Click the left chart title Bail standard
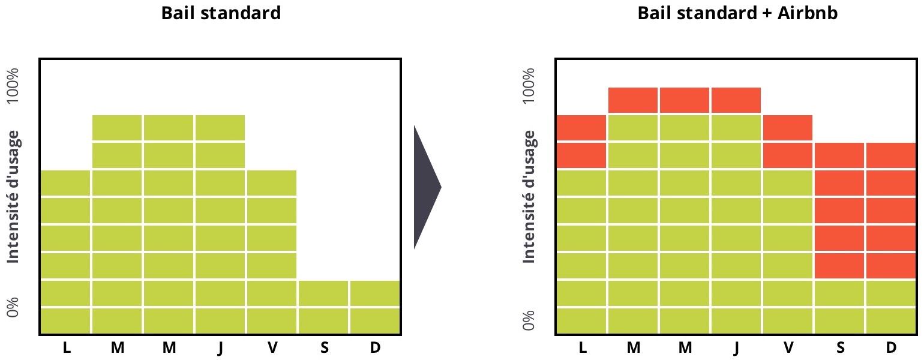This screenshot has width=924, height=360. pos(221,13)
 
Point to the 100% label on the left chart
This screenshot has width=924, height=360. pos(13,85)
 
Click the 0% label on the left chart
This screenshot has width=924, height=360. pos(13,308)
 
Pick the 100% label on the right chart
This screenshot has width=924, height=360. pos(529,85)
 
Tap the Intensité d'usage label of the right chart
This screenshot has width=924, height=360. pos(529,197)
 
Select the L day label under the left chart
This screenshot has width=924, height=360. pos(66,348)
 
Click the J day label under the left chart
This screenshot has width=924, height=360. pos(220,348)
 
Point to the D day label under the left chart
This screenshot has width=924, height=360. pos(376,348)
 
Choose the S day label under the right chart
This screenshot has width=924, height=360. pos(839,348)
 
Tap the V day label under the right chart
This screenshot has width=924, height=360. pos(788,348)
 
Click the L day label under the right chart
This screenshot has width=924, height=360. pos(582,348)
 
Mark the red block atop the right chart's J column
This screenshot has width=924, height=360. pos(736,100)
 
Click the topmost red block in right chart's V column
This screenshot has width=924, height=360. pos(788,127)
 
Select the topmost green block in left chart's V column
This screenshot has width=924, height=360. pos(272,182)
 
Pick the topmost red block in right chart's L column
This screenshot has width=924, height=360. pos(581,127)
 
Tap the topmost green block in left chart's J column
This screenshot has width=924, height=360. pos(220,127)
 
